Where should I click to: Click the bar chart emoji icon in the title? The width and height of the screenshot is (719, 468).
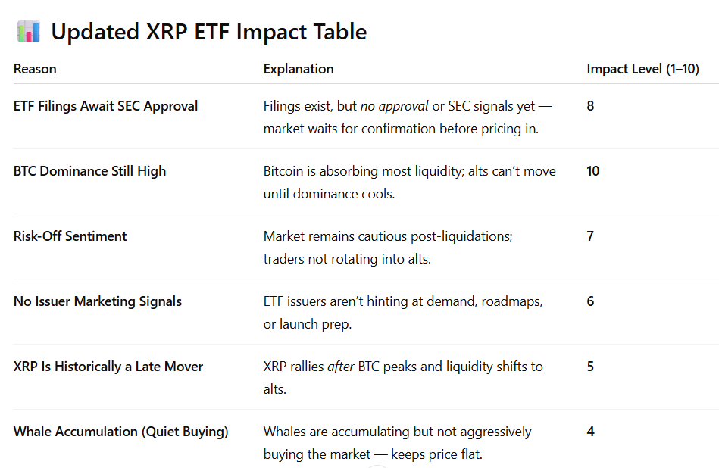click(28, 32)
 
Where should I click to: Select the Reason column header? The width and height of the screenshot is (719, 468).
click(35, 69)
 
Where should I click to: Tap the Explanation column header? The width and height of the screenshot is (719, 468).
click(299, 69)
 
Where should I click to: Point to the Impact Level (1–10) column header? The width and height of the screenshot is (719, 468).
click(642, 69)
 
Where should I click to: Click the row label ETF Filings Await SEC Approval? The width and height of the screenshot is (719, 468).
click(105, 106)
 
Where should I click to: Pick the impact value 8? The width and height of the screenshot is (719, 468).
click(590, 106)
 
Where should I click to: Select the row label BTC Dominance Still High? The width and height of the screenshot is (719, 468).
click(89, 171)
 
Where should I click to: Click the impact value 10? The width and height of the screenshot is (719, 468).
click(592, 171)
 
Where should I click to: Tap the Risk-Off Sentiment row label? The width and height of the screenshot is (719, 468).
click(70, 236)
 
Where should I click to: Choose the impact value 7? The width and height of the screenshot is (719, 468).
click(590, 236)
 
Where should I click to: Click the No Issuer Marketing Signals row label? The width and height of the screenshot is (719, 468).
click(98, 301)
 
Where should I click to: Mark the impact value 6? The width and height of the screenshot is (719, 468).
click(590, 301)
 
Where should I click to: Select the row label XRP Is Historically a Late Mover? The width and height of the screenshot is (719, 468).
click(108, 367)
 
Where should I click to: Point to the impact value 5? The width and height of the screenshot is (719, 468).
click(590, 367)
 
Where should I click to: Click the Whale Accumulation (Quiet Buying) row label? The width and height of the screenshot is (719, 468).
click(121, 432)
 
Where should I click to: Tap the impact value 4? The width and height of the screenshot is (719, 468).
click(590, 432)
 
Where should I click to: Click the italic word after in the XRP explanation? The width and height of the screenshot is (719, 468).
click(341, 367)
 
